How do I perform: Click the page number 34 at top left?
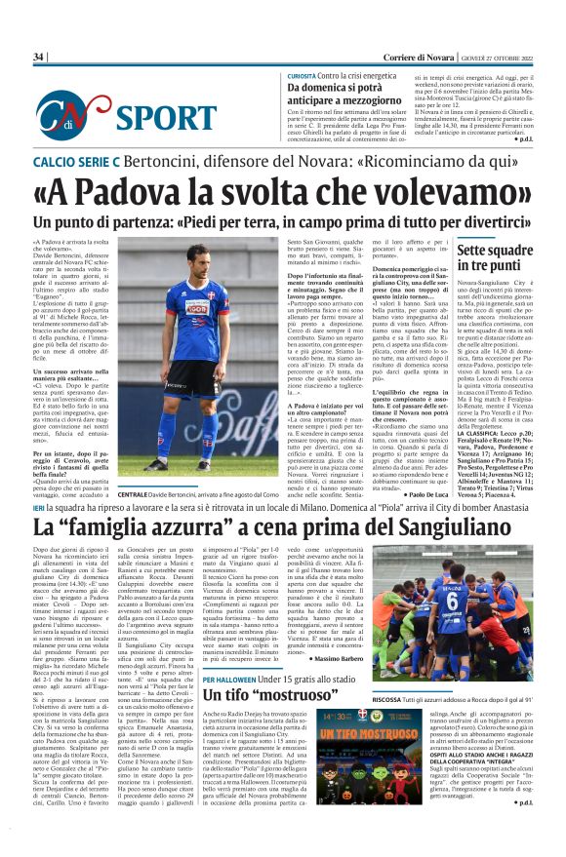tap(39, 58)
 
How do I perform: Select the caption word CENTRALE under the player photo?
tap(139, 495)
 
